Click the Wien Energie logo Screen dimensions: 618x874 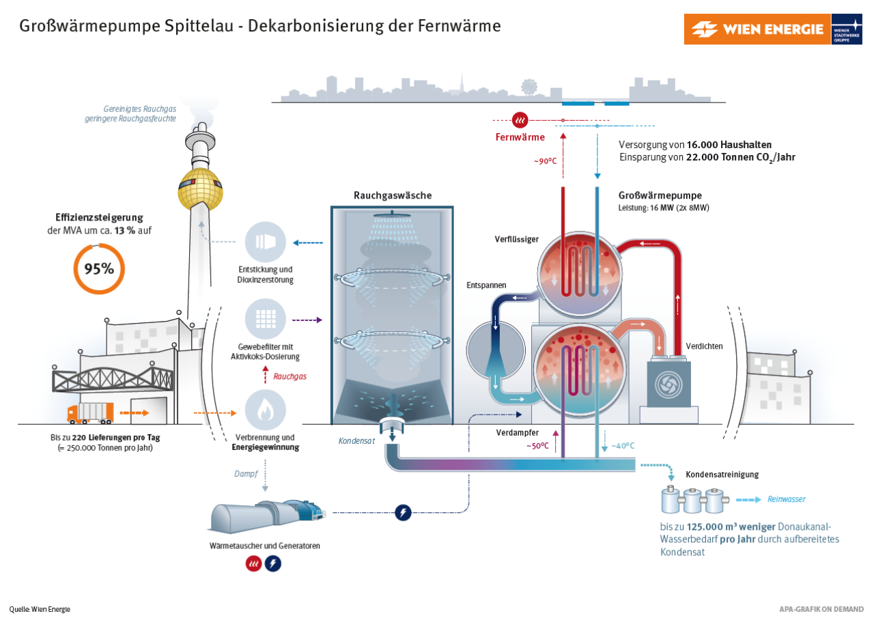[757, 29]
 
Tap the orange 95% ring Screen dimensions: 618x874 [99, 268]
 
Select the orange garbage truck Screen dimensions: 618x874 [90, 413]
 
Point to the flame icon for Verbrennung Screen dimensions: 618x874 [265, 410]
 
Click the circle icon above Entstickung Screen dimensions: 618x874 [265, 242]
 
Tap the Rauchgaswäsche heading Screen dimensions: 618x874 [392, 195]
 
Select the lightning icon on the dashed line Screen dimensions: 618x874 [404, 512]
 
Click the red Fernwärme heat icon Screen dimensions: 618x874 [520, 120]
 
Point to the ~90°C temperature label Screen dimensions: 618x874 [546, 162]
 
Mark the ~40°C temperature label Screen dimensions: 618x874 [622, 446]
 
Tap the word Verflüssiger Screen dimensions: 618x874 [517, 239]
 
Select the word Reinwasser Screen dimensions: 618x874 [787, 499]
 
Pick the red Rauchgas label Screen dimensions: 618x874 [290, 376]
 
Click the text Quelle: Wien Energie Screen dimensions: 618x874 [40, 609]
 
